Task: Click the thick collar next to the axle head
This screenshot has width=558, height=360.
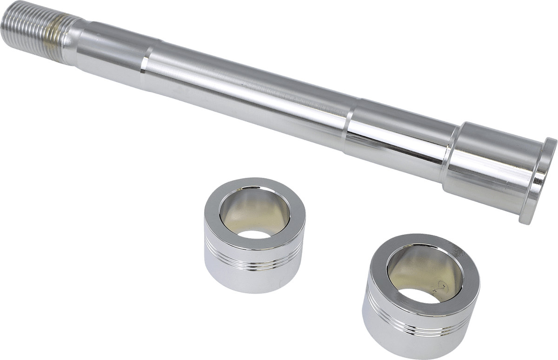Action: pyautogui.click(x=493, y=158)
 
